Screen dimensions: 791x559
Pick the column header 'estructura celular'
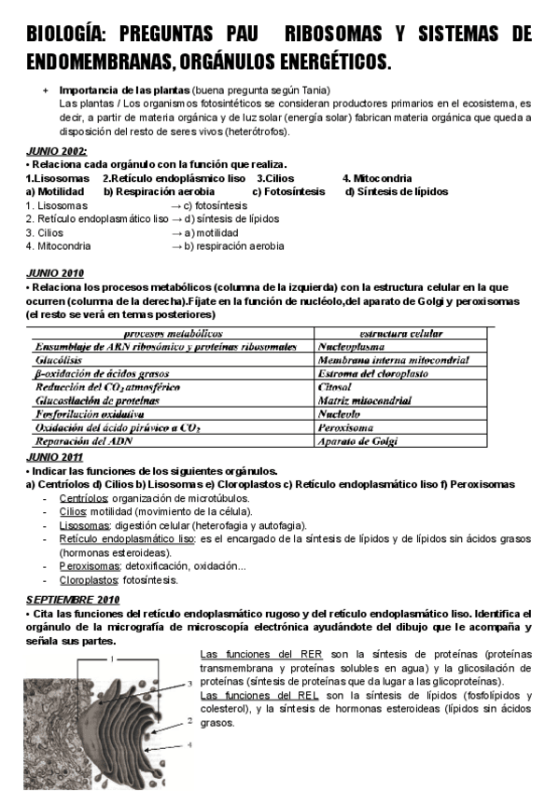click(x=402, y=333)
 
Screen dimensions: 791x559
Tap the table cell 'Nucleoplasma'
click(x=356, y=346)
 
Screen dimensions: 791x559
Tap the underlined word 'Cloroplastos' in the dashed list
click(x=90, y=579)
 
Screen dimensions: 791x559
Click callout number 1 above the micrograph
click(x=113, y=659)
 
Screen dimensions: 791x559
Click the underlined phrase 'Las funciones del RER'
click(x=261, y=655)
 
